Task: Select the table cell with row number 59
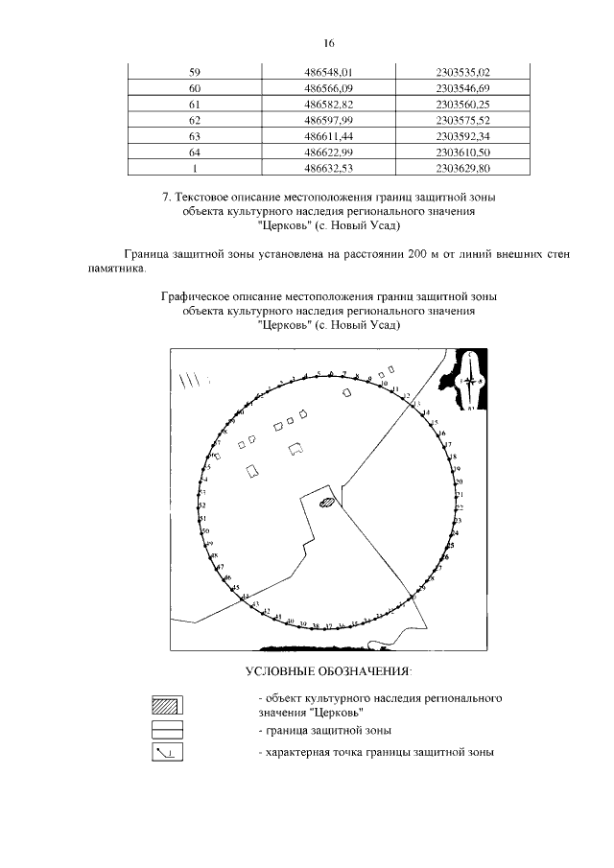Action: point(195,72)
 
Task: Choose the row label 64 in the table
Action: point(195,152)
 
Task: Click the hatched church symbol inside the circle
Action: point(327,501)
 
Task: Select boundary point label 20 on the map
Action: point(459,481)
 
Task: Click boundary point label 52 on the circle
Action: point(202,504)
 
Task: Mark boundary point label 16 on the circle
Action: point(441,434)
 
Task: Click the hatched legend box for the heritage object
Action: point(167,705)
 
